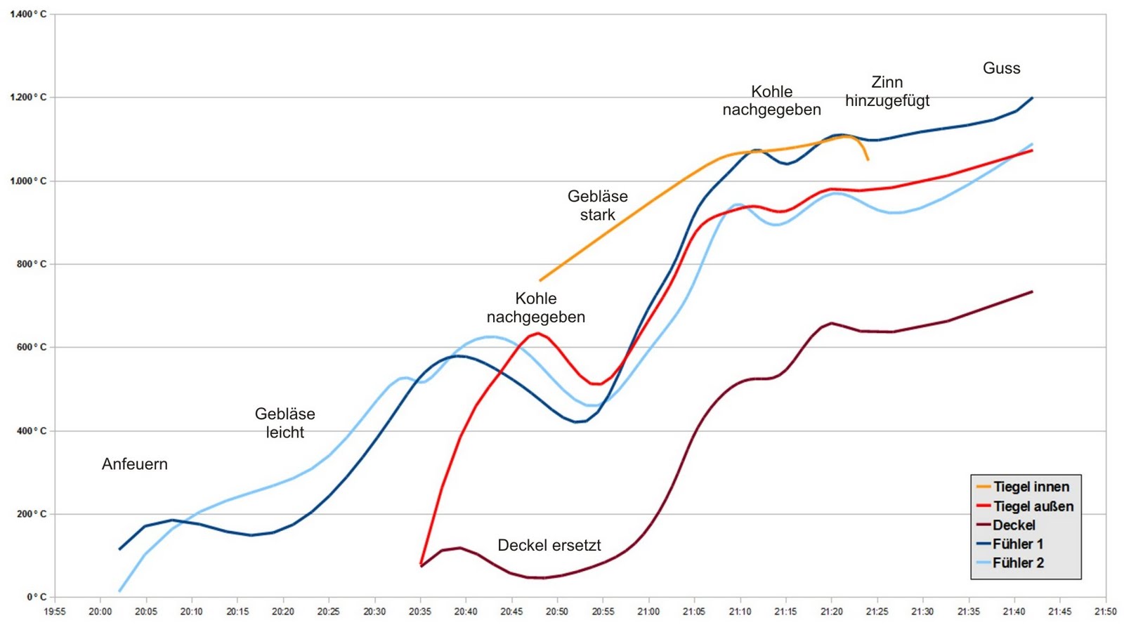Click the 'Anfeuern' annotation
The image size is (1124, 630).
coord(135,464)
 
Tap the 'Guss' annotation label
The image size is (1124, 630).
coord(1001,68)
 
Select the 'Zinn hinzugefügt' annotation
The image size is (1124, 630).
coord(887,91)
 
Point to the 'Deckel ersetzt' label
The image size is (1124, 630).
coord(549,545)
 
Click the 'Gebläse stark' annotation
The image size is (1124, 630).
coord(598,206)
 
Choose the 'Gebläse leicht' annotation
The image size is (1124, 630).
coord(285,423)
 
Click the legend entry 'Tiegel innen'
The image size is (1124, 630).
coord(1031,487)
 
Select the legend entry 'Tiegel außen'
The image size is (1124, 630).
coord(1033,506)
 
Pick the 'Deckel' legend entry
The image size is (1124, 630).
coord(1014,525)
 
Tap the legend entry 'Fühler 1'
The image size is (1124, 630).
coord(1017,544)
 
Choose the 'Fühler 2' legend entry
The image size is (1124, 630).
coord(1018,563)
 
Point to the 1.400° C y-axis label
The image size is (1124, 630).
coord(29,14)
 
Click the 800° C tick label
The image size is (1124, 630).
coord(32,264)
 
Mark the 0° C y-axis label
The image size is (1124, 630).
coord(37,597)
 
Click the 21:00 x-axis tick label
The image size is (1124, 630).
coord(648,612)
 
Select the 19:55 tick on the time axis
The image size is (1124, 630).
coord(55,612)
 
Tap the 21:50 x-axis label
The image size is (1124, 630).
coord(1105,612)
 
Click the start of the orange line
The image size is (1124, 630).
coord(540,280)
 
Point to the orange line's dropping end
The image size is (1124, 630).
coord(868,160)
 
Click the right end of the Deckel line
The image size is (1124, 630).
coord(1032,291)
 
